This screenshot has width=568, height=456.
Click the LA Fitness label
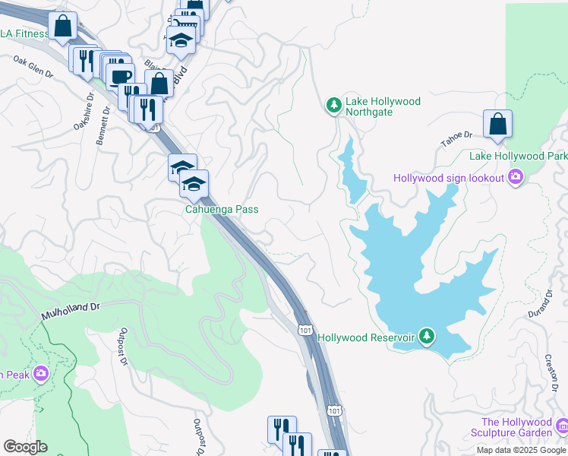point(24,33)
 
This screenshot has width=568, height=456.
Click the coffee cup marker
point(120,76)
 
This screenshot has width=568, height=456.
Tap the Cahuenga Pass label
point(222,209)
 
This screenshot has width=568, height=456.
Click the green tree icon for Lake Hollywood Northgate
point(333,104)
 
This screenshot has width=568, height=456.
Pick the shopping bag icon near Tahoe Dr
point(497,125)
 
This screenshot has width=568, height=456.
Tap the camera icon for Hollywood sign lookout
point(516,178)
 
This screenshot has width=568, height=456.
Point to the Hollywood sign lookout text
point(449,178)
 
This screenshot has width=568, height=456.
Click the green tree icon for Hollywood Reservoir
point(427,337)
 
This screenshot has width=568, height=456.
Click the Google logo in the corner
point(25,447)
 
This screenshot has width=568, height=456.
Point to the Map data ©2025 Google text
point(520,450)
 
